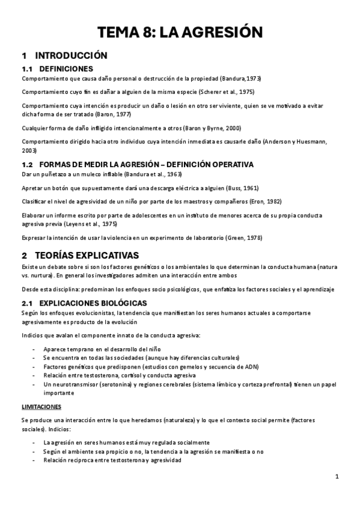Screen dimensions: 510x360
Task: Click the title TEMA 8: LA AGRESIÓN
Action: coord(180,32)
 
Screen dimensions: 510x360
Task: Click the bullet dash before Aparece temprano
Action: coord(33,349)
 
